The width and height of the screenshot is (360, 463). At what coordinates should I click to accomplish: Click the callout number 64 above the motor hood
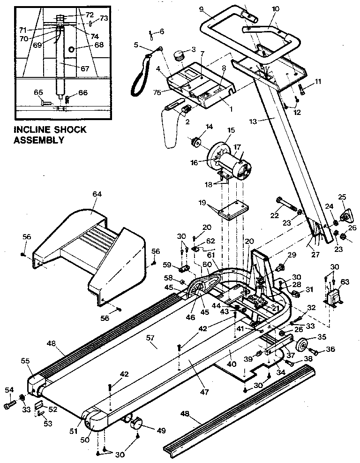(x=97, y=194)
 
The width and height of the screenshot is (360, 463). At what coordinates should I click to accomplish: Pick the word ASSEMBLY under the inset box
(x=39, y=140)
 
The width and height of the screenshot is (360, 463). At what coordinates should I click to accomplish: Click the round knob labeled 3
(x=178, y=56)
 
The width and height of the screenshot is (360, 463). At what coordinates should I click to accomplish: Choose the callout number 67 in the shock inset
(x=84, y=68)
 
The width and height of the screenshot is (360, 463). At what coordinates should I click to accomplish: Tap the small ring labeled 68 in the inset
(x=71, y=49)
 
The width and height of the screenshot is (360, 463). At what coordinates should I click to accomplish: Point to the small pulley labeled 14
(x=195, y=141)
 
